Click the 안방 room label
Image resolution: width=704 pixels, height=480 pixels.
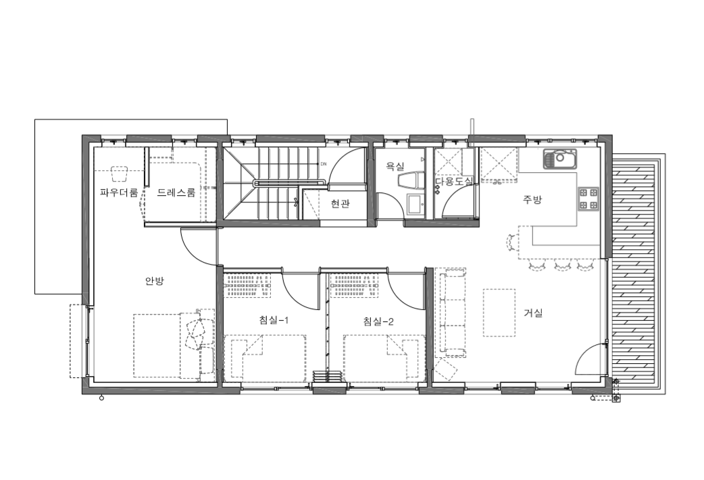pos(155,282)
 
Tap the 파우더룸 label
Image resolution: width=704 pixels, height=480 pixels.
pos(119,193)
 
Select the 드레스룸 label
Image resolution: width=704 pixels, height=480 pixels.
pos(176,193)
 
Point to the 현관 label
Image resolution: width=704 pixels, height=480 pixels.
pos(340,204)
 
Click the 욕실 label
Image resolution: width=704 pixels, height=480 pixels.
pos(395,167)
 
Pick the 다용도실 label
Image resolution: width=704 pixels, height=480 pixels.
pos(454,182)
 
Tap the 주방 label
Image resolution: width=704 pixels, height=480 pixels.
pos(532,200)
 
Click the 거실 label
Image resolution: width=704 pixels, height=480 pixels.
pos(533,313)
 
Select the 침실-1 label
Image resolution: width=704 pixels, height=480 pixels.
pos(274,320)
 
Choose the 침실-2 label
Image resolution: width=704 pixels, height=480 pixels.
pos(378,321)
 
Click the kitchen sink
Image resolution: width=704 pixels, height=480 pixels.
pos(560,159)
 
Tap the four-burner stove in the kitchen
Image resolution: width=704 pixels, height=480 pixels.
pos(588,198)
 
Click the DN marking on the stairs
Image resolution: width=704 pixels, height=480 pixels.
pos(323,164)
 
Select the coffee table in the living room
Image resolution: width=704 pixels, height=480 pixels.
pos(499,312)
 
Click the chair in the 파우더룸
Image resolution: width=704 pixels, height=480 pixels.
pos(119,173)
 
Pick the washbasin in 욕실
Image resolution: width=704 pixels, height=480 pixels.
pos(414,205)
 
